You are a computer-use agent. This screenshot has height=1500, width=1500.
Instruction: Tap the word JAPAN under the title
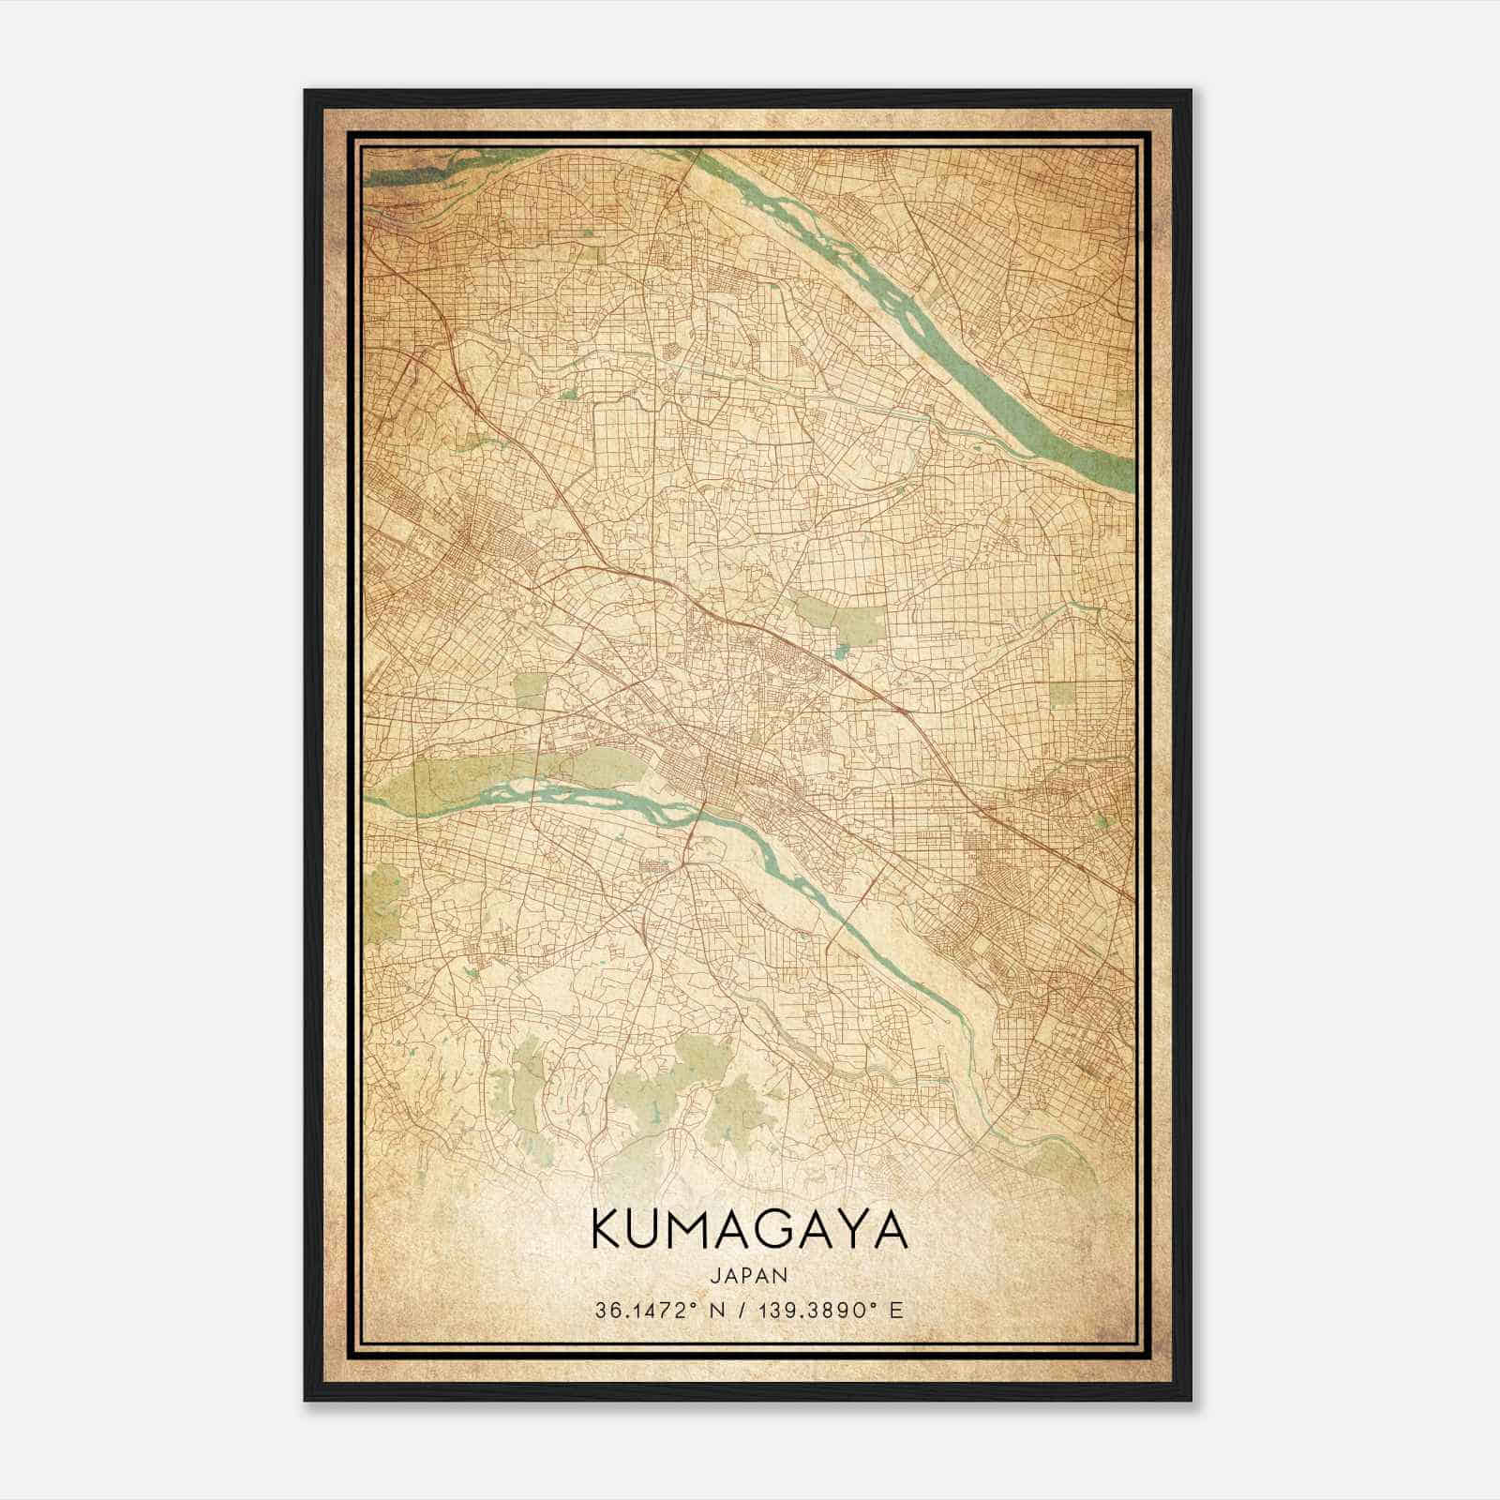coord(749,1275)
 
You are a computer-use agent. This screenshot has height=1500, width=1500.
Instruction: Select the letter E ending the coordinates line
coord(897,1311)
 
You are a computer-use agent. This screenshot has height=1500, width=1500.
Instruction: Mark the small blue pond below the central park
coord(841,651)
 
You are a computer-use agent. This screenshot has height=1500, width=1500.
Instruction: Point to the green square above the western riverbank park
coord(530,690)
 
